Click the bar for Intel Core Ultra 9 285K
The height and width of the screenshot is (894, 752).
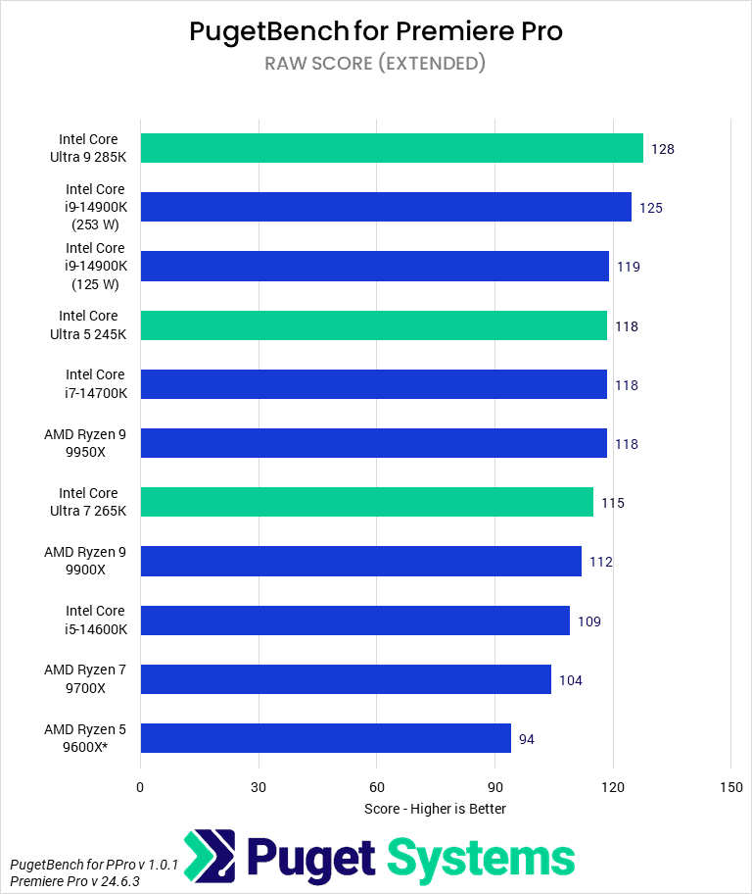click(x=392, y=148)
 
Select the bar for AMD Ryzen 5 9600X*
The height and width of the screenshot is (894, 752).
click(x=325, y=738)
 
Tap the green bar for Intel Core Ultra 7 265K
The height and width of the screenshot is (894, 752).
click(x=366, y=502)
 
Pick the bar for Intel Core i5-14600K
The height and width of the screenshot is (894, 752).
click(x=354, y=621)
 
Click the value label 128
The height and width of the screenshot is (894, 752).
click(x=663, y=149)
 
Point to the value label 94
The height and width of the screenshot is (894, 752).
click(x=527, y=739)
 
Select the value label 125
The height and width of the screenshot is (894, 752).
click(x=651, y=208)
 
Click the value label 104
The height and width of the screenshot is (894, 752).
click(x=571, y=680)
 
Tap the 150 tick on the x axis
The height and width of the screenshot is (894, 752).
click(x=730, y=787)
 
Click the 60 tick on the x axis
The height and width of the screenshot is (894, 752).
click(x=377, y=787)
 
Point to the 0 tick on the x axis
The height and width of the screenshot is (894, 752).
click(x=140, y=787)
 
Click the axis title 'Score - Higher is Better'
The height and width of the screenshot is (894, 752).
click(x=435, y=809)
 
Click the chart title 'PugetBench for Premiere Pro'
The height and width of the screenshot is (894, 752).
click(x=376, y=31)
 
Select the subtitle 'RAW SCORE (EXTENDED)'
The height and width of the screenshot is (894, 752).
click(x=376, y=64)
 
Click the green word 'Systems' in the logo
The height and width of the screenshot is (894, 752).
click(x=481, y=858)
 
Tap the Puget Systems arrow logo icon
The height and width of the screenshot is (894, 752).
click(x=210, y=857)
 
